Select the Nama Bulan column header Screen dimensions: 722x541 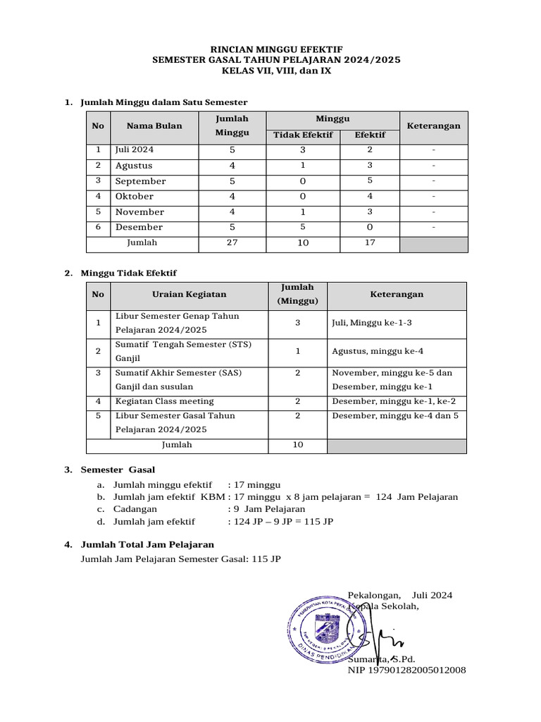154,126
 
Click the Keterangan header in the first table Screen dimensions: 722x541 433,126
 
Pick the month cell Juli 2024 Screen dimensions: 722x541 135,150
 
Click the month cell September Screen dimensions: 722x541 140,181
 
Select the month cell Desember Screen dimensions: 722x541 139,227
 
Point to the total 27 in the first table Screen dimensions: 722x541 232,243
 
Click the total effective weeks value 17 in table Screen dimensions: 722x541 370,243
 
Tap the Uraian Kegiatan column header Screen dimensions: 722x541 189,295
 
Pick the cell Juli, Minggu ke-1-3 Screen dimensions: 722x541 371,323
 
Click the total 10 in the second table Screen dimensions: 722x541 297,445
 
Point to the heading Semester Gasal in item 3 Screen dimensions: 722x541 118,470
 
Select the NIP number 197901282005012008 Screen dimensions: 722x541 406,670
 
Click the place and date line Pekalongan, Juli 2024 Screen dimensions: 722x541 400,595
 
